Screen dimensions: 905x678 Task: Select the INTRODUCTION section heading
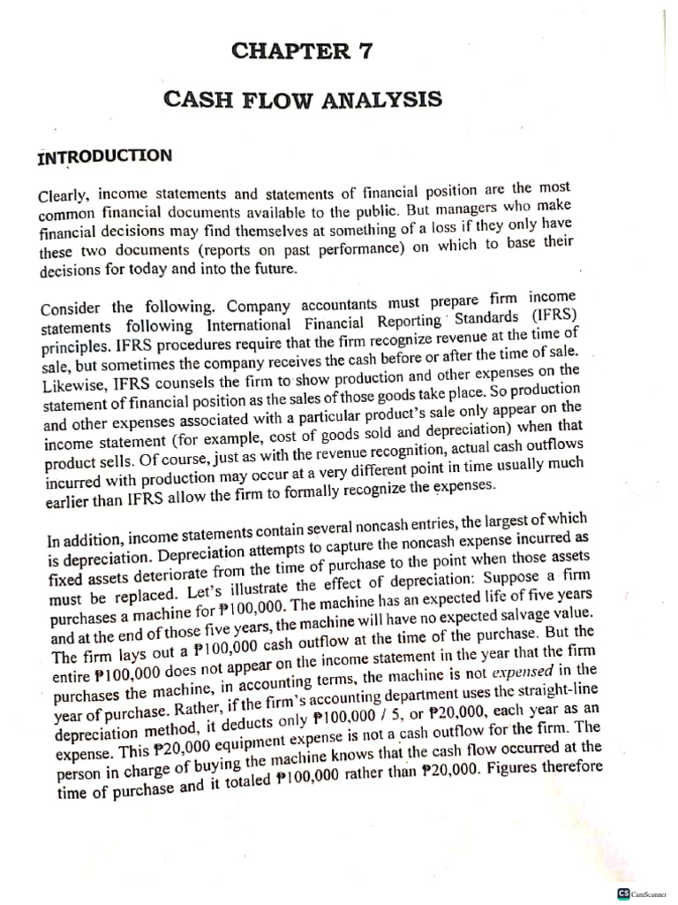click(104, 156)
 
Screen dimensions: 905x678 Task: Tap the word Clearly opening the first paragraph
click(64, 195)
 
